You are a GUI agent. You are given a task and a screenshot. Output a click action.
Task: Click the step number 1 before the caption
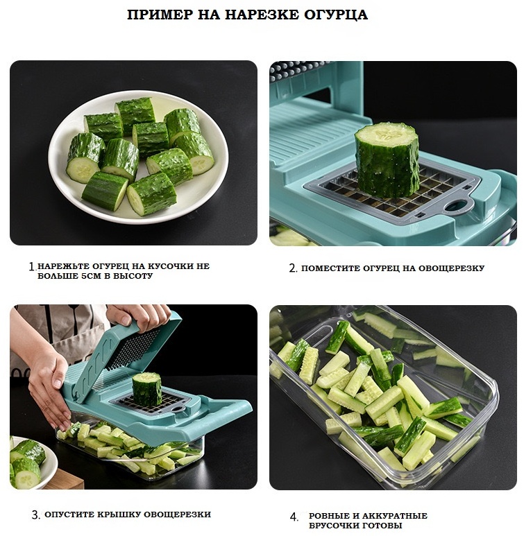tap(32, 266)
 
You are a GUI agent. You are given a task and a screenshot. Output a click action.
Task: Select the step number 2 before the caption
tap(293, 268)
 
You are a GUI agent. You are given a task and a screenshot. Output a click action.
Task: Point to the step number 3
tap(35, 515)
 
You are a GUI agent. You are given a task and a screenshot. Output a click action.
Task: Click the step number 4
tap(294, 517)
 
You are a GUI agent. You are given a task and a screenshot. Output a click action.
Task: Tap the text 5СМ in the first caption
tap(91, 275)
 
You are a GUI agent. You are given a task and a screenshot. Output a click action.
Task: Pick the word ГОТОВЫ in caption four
tap(383, 525)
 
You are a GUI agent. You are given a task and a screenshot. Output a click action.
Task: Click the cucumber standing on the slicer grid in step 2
tap(387, 159)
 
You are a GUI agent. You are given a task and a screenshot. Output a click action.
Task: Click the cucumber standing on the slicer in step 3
tap(146, 389)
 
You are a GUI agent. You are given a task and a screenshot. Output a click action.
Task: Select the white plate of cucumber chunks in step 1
tap(138, 157)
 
